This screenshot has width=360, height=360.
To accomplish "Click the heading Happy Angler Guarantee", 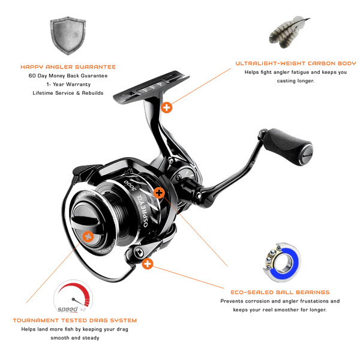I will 68,67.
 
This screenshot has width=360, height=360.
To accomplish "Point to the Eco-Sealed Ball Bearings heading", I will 280,292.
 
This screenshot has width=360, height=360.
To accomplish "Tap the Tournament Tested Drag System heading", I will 75,320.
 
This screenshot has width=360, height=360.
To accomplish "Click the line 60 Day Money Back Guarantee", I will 68,76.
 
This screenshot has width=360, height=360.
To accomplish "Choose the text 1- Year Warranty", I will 68,85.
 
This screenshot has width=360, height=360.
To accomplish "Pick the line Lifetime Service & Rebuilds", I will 68,93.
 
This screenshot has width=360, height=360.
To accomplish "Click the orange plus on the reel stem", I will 166,107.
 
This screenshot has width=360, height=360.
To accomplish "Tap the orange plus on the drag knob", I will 88,236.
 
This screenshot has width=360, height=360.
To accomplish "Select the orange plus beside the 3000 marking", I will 159,193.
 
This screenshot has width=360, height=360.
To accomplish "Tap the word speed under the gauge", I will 67,309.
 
